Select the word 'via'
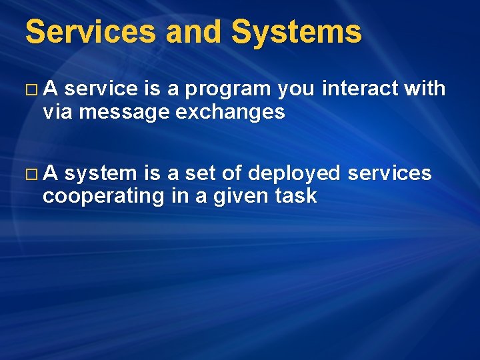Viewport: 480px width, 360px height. pos(57,112)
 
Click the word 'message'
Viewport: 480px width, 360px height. pos(124,113)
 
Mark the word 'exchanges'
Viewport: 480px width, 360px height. pos(230,113)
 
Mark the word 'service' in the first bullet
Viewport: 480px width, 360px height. pos(102,89)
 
